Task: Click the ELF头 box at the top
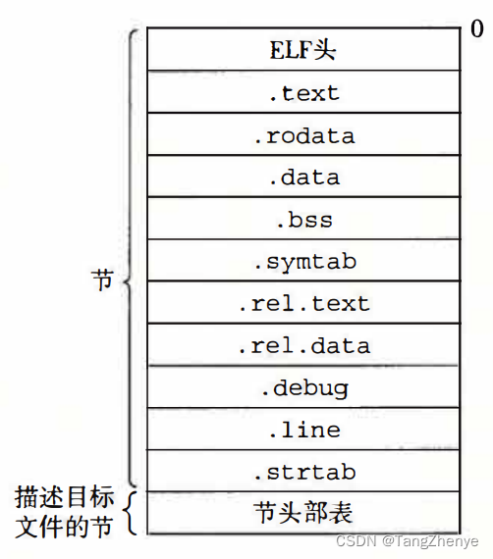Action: pyautogui.click(x=303, y=51)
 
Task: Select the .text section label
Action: pyautogui.click(x=303, y=93)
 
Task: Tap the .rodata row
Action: pyautogui.click(x=303, y=135)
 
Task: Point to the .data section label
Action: pyautogui.click(x=303, y=178)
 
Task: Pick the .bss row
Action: pyautogui.click(x=303, y=220)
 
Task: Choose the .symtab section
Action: pyautogui.click(x=303, y=262)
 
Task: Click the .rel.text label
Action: pyautogui.click(x=303, y=304)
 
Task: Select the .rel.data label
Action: pyautogui.click(x=303, y=346)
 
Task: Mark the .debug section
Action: pyautogui.click(x=303, y=388)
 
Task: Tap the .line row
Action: pyautogui.click(x=303, y=431)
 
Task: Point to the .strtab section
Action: pyautogui.click(x=303, y=473)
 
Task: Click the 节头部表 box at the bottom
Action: pyautogui.click(x=303, y=514)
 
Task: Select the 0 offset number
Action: pyautogui.click(x=476, y=29)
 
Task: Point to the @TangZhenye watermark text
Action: pyautogui.click(x=430, y=541)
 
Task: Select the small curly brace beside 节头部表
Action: pyautogui.click(x=131, y=512)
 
